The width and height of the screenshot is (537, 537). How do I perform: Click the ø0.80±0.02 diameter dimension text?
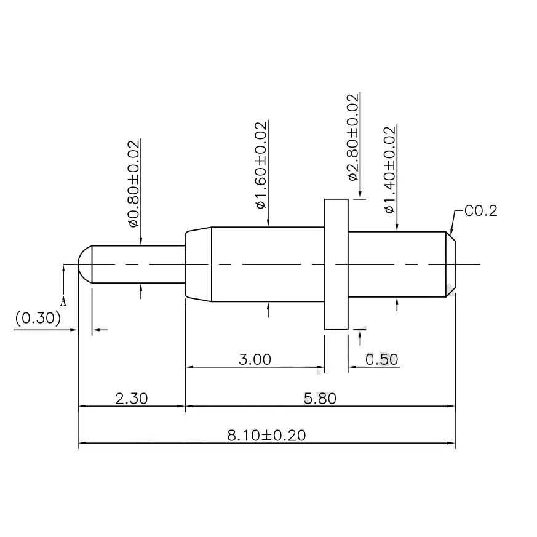pos(133,183)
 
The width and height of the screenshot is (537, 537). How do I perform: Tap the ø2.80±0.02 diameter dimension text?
pos(353,137)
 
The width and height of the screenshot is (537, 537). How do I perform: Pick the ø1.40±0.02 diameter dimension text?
pos(389,170)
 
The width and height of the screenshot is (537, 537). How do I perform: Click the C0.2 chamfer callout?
pos(480,212)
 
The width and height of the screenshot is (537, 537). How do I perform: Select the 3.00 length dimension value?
pos(255,359)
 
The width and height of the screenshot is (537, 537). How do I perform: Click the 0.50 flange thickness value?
pos(382,359)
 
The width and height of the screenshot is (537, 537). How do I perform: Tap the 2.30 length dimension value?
pos(131,399)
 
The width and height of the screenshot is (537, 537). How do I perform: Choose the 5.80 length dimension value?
pos(320,399)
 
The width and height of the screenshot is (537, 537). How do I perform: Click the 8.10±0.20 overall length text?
pos(266,436)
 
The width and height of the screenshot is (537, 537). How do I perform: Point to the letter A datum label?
pos(63,301)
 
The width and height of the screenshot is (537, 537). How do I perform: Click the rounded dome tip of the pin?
pos(85,265)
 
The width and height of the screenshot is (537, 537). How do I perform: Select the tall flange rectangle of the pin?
pos(336,265)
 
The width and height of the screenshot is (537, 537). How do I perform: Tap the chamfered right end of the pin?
pos(450,265)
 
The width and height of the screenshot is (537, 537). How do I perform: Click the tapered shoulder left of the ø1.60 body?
pos(198,265)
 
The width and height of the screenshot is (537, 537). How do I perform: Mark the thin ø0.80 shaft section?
pos(138,265)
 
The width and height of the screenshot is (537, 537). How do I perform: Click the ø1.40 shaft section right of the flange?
pos(397,265)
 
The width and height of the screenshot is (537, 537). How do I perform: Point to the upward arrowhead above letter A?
pos(63,268)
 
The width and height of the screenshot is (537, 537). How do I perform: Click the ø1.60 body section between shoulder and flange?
pos(268,265)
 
